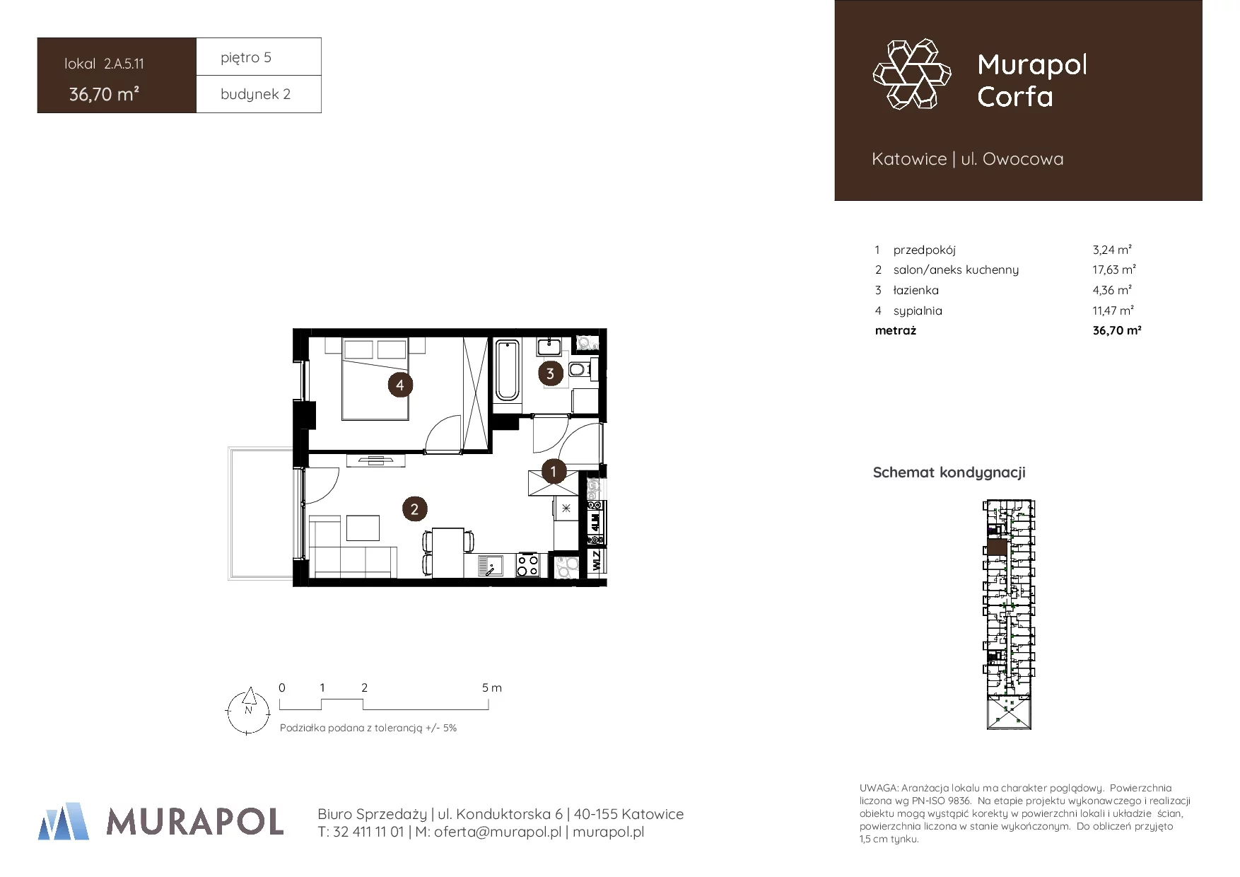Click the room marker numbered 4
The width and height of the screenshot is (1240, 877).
[x=400, y=385]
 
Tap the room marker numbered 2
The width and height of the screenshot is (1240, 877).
[x=414, y=509]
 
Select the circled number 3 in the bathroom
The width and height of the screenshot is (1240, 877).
[x=551, y=373]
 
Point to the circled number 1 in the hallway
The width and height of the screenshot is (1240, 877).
[x=554, y=470]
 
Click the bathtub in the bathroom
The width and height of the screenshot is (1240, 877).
[x=507, y=371]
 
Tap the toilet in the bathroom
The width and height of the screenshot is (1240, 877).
[x=579, y=369]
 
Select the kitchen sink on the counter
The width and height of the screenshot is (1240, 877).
[x=491, y=565]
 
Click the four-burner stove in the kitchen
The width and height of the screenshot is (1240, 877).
[x=527, y=564]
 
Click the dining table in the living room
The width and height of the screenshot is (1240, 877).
[x=448, y=552]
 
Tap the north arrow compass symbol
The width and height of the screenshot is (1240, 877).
[x=247, y=711]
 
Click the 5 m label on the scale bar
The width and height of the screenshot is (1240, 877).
[x=492, y=687]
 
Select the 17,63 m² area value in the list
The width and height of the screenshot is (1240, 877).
[x=1114, y=269]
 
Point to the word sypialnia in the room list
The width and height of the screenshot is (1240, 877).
[x=918, y=310]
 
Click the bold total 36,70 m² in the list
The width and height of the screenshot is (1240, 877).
[x=1117, y=330]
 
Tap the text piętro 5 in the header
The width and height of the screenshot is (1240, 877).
[x=246, y=57]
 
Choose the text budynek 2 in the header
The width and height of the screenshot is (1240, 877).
[x=255, y=94]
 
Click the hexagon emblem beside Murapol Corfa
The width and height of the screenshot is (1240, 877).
[x=912, y=74]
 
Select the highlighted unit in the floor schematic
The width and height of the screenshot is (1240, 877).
[x=997, y=547]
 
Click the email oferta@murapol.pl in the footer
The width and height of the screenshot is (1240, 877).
[x=498, y=832]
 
